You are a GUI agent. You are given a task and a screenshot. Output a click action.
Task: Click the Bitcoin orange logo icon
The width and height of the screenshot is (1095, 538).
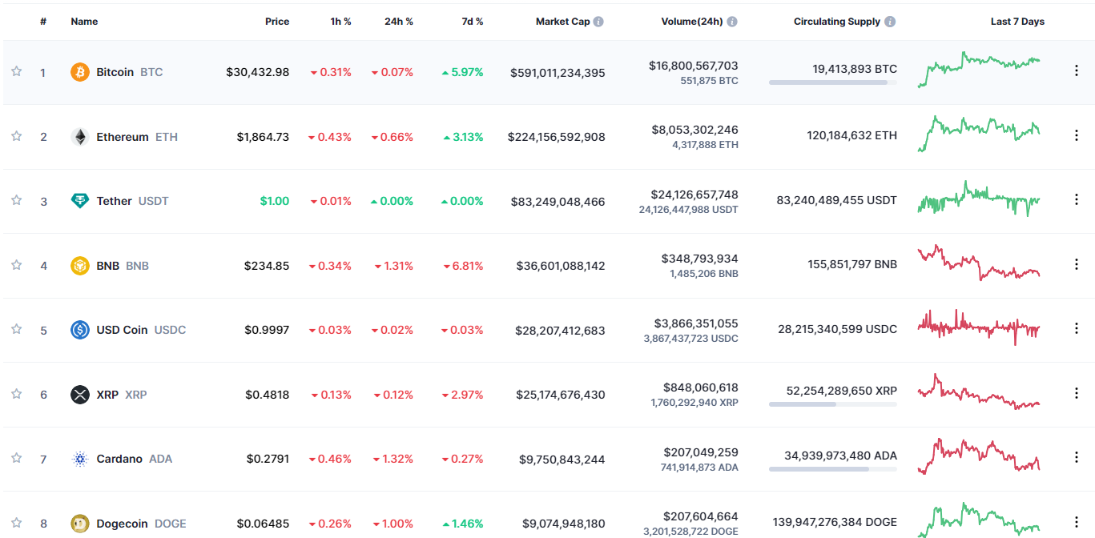(80, 72)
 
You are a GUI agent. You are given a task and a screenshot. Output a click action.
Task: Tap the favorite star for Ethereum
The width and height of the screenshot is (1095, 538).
(16, 137)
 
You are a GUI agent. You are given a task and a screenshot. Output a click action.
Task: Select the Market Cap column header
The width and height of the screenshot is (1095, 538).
(562, 22)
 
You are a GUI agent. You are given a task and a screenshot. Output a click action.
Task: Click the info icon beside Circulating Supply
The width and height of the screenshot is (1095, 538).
(890, 22)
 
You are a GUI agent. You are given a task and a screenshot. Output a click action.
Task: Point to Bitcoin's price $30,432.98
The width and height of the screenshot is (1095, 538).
(257, 72)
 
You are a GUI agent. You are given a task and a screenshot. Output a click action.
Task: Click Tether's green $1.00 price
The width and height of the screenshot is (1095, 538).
(274, 201)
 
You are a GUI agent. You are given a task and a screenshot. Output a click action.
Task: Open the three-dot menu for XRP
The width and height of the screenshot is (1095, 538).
(1076, 393)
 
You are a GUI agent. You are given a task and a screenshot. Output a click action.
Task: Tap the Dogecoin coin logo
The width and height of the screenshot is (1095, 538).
(80, 524)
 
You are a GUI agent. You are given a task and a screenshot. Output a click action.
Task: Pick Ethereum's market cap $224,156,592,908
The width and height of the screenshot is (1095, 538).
(556, 137)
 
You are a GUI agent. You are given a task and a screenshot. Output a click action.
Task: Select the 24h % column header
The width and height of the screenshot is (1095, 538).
(398, 22)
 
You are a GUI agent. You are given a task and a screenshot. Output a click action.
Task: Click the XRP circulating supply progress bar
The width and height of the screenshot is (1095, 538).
(832, 404)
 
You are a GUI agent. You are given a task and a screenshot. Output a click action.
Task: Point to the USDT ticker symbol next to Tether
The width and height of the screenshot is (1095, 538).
(153, 201)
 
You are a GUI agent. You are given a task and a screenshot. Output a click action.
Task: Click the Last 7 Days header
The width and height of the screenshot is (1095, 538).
(1016, 22)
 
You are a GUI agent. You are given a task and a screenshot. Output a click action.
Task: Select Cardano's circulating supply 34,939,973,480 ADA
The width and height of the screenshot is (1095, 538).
(840, 456)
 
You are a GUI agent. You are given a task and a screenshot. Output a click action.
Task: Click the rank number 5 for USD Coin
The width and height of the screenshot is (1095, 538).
(43, 330)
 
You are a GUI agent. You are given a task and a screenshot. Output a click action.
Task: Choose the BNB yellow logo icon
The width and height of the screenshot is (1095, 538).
(80, 266)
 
